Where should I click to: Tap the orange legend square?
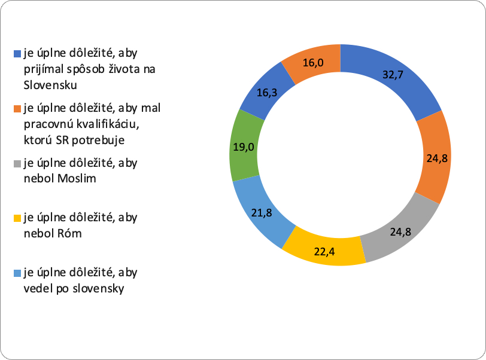17,109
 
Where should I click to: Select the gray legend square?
17,163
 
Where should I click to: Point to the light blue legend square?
17,274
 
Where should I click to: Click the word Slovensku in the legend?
51,84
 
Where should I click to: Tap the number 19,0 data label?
242,147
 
